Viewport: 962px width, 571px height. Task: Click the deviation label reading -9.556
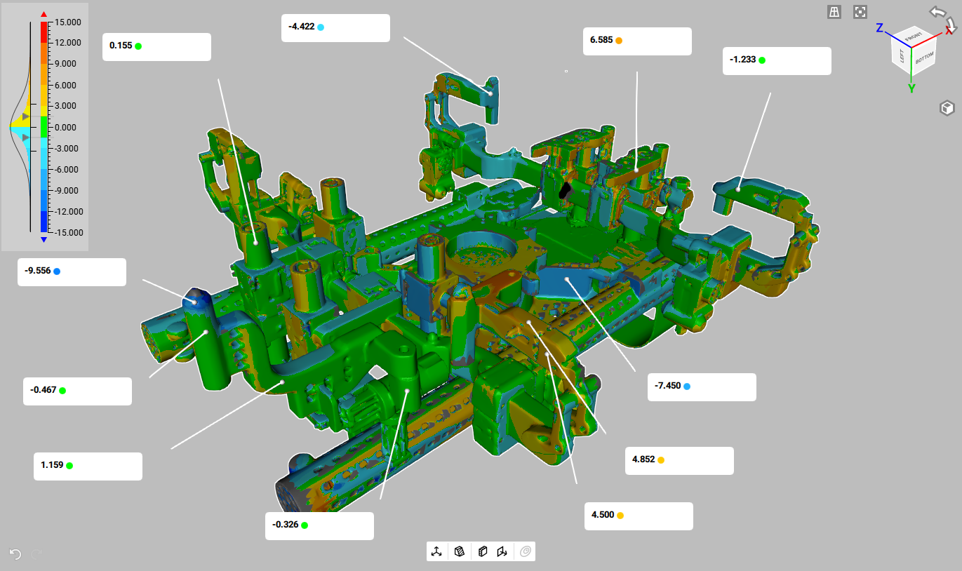[38, 271]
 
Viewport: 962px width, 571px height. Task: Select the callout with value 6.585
[601, 40]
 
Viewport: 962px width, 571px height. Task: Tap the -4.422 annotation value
[301, 27]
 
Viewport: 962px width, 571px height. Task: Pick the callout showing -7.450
[667, 386]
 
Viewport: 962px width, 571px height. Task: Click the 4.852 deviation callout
[643, 459]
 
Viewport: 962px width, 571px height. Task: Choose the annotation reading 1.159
[52, 465]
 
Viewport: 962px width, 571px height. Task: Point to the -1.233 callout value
[743, 60]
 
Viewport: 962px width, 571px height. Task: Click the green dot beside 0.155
[138, 46]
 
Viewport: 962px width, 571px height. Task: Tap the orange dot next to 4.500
[620, 515]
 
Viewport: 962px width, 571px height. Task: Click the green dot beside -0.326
[305, 525]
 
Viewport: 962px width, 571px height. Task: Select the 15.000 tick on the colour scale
[69, 22]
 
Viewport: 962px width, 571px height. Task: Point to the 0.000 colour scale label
[69, 127]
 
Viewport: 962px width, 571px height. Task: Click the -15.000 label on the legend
[68, 232]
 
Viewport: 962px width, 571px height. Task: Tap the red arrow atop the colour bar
[44, 14]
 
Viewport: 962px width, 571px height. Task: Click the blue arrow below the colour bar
[44, 240]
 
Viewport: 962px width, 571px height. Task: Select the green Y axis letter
[911, 88]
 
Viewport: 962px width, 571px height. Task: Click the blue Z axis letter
[879, 29]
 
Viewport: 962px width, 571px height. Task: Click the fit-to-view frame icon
[860, 12]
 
